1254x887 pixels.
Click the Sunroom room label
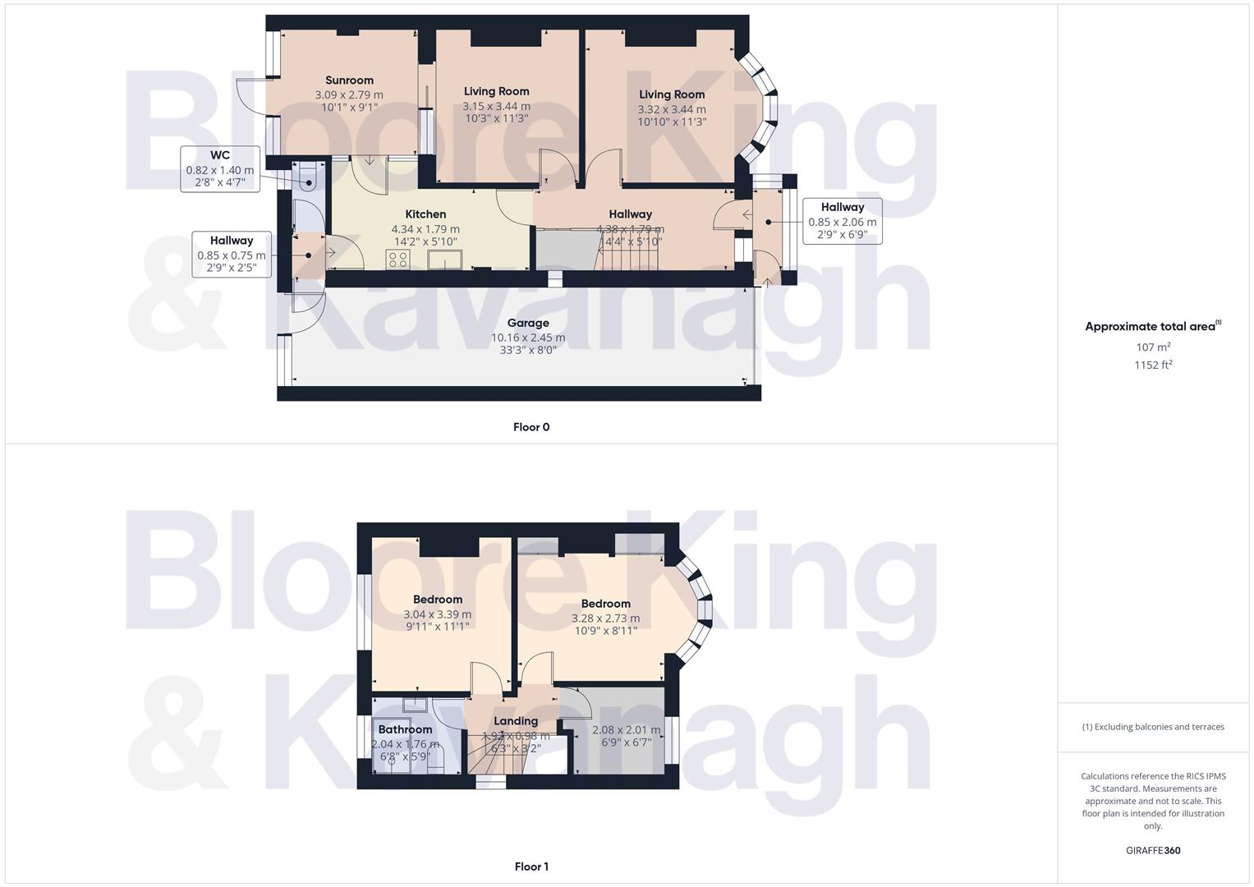349,80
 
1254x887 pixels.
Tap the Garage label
527,323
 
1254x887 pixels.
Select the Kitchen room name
425,214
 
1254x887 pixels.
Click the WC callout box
220,168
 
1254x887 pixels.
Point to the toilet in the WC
307,177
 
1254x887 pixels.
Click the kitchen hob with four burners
398,260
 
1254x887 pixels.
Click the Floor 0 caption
531,427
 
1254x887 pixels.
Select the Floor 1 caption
531,866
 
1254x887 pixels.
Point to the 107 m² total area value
1153,347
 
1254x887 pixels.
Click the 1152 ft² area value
1153,365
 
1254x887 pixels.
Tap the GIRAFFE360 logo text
1153,851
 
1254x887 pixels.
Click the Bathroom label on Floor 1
405,729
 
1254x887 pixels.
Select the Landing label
516,721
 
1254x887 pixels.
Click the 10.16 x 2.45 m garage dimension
528,338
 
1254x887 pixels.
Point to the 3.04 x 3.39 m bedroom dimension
438,614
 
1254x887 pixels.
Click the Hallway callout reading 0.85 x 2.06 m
843,221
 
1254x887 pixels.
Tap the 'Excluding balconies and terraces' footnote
1153,727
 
